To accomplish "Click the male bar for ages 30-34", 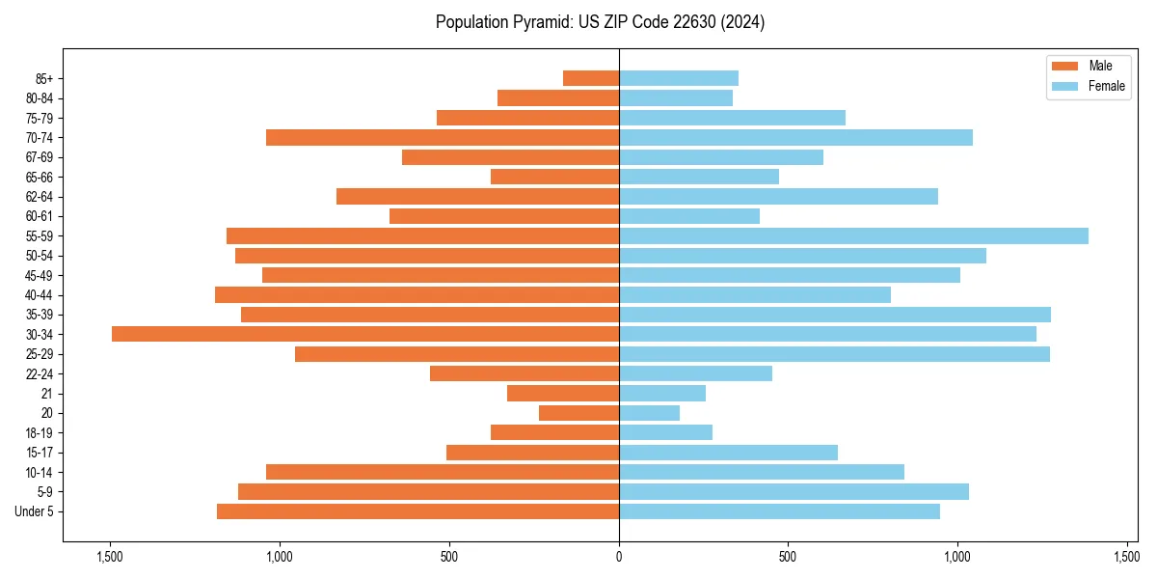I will click(x=365, y=334).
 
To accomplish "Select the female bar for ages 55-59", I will click(x=853, y=235).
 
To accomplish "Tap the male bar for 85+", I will click(x=591, y=78).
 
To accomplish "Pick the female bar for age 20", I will click(x=649, y=413).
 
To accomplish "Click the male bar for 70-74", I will click(x=443, y=137).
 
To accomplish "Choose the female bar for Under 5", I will click(x=779, y=511).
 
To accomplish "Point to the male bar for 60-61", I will click(x=504, y=216).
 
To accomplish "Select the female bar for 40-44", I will click(x=755, y=294).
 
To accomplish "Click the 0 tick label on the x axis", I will click(x=619, y=557).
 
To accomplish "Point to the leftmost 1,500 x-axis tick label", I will click(x=110, y=557).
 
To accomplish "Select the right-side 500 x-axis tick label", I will click(x=788, y=557).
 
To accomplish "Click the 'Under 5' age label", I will click(x=35, y=511).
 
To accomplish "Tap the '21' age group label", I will click(x=47, y=394).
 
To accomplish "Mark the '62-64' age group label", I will click(x=40, y=197).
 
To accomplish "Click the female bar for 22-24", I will click(x=695, y=373).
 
